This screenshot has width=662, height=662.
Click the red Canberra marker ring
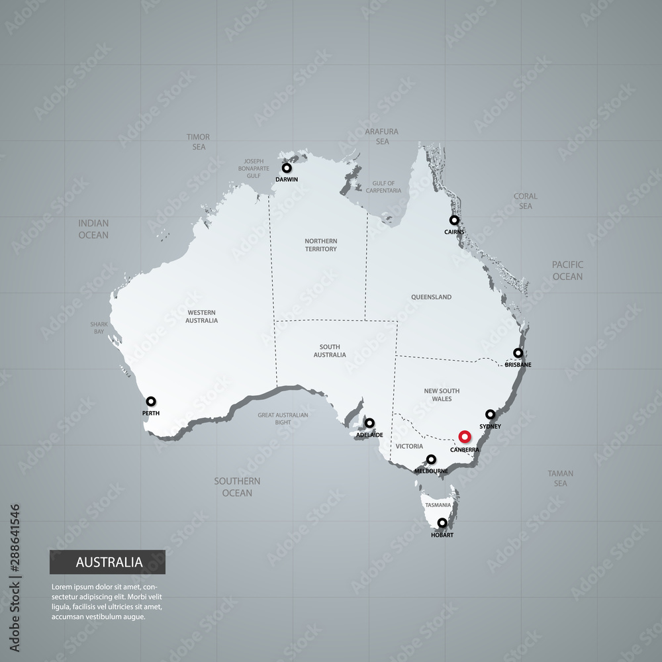click(x=464, y=436)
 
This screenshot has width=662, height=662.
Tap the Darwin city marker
click(x=287, y=167)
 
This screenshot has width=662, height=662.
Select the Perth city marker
click(x=151, y=401)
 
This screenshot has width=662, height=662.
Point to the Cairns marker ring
click(x=454, y=220)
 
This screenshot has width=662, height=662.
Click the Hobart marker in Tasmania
click(x=442, y=523)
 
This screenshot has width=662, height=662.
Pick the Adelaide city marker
click(x=369, y=422)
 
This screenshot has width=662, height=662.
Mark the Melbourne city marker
click(x=431, y=459)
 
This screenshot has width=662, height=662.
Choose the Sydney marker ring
click(x=490, y=414)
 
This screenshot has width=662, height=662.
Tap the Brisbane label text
click(x=518, y=365)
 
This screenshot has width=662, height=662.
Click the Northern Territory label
click(x=321, y=245)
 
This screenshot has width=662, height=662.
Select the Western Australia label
click(x=202, y=316)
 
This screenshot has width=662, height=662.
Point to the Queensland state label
click(x=431, y=297)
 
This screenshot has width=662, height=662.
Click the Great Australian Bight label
click(x=283, y=418)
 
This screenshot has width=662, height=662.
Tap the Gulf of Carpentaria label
click(x=383, y=187)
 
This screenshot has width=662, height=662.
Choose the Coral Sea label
click(x=526, y=201)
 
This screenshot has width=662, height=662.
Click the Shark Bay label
click(x=99, y=328)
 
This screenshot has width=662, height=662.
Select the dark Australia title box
click(x=107, y=562)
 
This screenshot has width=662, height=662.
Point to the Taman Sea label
click(x=560, y=478)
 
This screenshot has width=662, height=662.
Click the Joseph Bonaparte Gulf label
click(x=254, y=169)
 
